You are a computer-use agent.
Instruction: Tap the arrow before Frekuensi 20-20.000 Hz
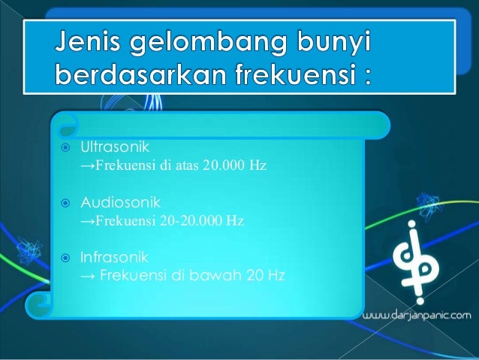pos(87,222)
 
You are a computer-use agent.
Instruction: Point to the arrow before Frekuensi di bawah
pos(87,275)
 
